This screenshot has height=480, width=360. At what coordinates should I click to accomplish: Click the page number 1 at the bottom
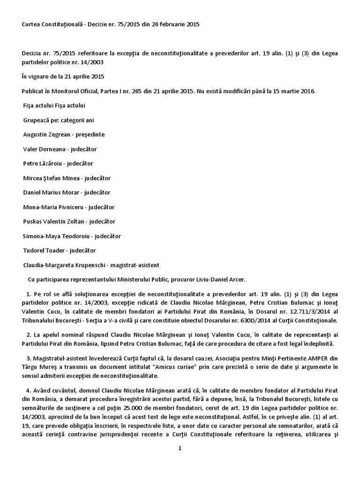pos(180,448)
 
